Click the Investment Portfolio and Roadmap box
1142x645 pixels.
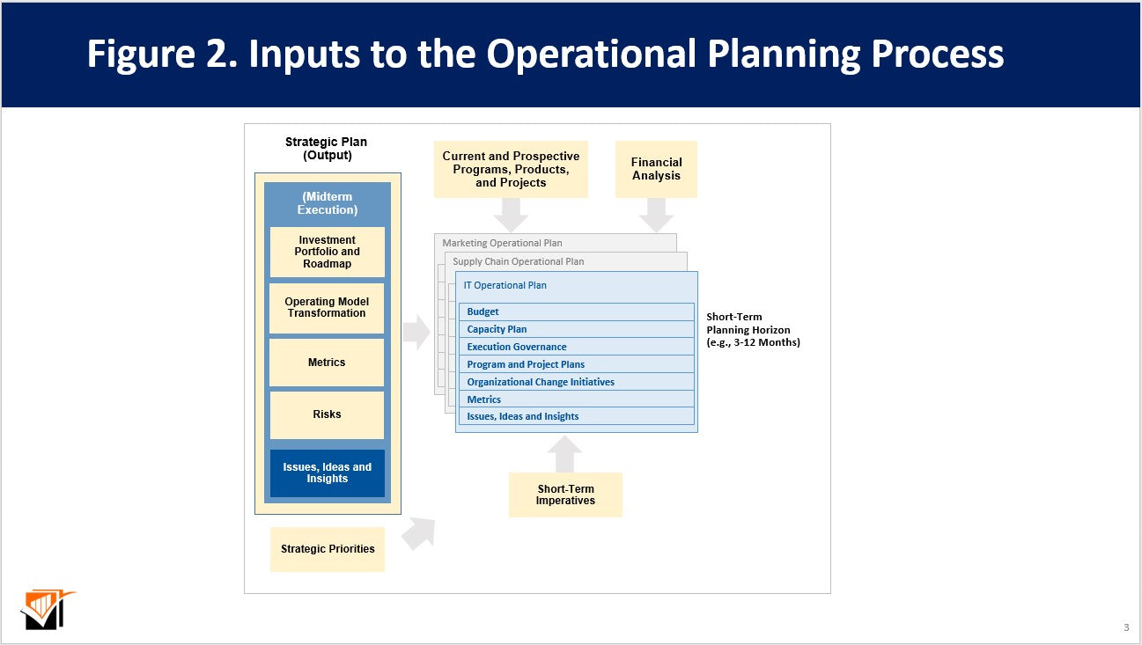click(x=327, y=252)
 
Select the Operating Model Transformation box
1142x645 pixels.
click(x=327, y=308)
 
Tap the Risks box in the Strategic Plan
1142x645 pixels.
click(x=327, y=414)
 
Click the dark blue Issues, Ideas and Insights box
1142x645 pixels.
click(x=327, y=473)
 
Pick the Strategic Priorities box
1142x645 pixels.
click(x=327, y=549)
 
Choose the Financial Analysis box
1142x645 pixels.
click(x=656, y=169)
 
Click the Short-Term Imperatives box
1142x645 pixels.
click(x=565, y=495)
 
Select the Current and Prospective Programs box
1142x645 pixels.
click(x=511, y=169)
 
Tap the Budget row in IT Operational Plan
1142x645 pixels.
click(x=576, y=312)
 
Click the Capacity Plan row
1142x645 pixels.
click(x=576, y=329)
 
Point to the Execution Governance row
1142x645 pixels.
click(x=576, y=347)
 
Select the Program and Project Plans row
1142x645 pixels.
click(x=576, y=364)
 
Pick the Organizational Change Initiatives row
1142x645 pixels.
click(x=576, y=382)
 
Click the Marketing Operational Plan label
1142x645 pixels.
click(x=502, y=243)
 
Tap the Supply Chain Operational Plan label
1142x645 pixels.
click(x=518, y=261)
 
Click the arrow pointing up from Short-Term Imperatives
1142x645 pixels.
click(x=564, y=454)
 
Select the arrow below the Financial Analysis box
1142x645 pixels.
click(x=656, y=215)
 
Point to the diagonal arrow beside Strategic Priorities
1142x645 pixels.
click(x=420, y=532)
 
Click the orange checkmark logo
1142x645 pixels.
click(x=46, y=609)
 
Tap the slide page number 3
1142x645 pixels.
click(x=1126, y=627)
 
